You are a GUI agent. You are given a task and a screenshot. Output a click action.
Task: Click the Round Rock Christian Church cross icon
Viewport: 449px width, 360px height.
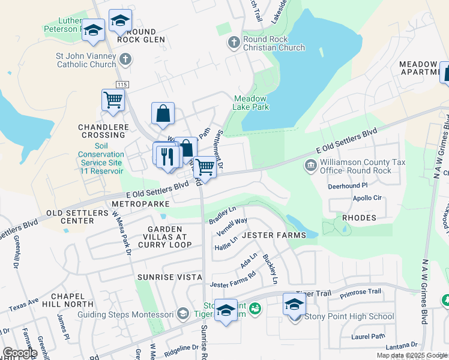[234, 43]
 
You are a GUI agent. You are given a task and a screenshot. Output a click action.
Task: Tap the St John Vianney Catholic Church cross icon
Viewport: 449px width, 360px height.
[125, 59]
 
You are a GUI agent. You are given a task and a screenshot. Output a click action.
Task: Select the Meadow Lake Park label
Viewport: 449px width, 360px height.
[251, 103]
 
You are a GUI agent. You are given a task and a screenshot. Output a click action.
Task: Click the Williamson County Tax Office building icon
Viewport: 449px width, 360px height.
[311, 166]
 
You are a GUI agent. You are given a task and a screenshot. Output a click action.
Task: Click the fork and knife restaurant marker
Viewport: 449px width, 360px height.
[169, 155]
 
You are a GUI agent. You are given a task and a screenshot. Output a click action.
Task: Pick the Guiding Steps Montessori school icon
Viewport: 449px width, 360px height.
[183, 313]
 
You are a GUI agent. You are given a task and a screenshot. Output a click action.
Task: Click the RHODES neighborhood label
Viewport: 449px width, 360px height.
[359, 218]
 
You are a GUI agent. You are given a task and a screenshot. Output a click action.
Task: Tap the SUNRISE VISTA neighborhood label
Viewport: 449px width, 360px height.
[169, 277]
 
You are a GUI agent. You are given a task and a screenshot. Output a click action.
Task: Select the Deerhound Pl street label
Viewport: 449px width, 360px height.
[347, 186]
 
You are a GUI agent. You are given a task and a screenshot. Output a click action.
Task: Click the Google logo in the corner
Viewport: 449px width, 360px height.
[19, 353]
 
